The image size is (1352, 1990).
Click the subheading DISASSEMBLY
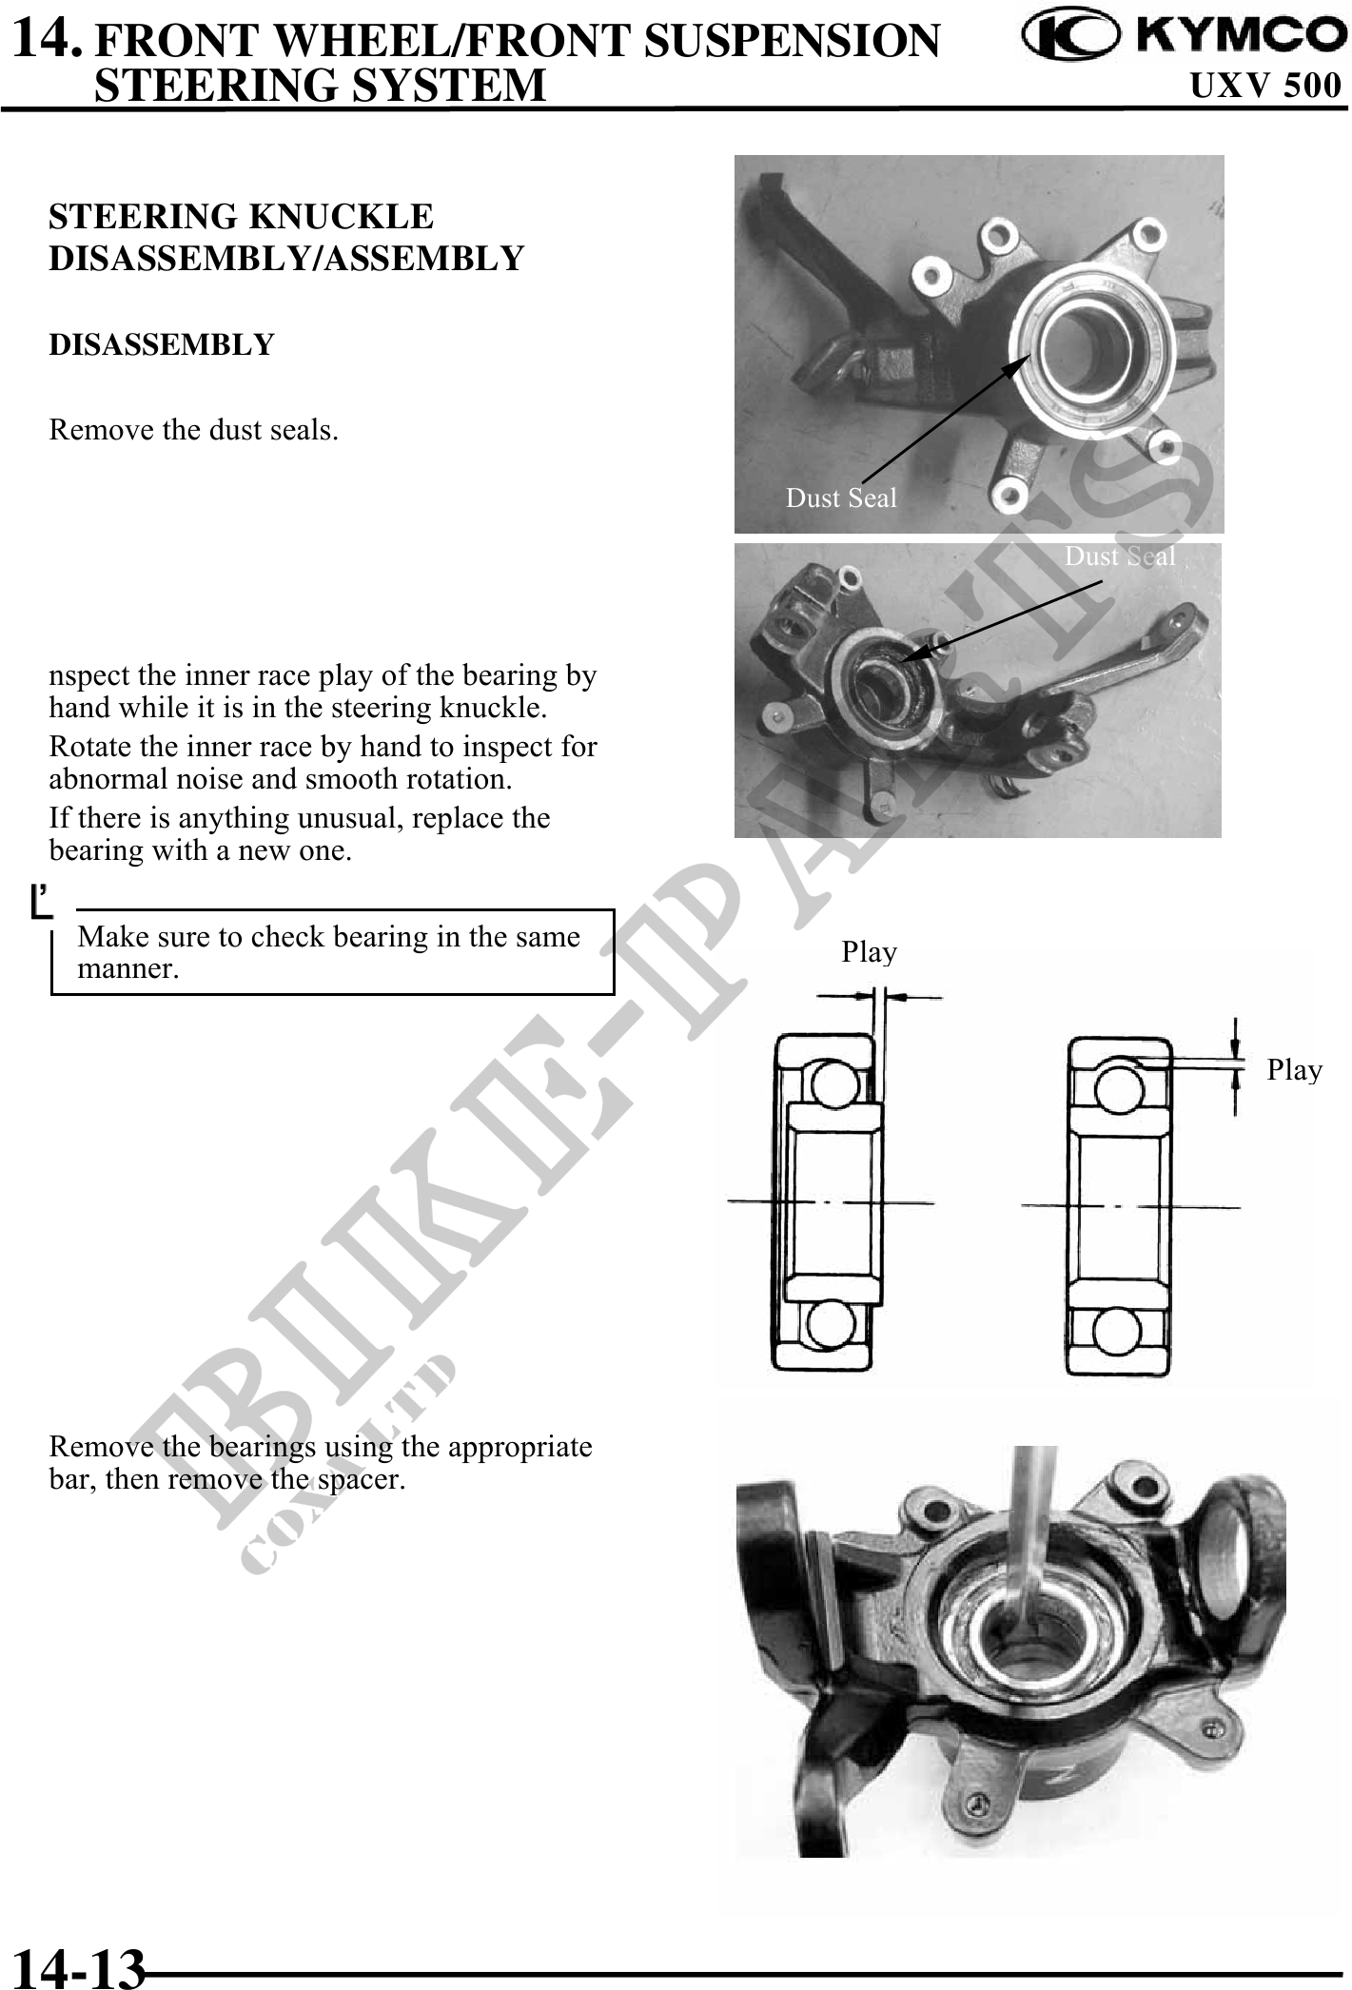[x=161, y=344]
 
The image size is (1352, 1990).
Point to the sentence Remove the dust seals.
[x=194, y=430]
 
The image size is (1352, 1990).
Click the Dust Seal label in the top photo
[x=841, y=497]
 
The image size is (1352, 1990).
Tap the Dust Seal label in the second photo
[x=1120, y=556]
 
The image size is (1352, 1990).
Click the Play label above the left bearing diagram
[x=869, y=952]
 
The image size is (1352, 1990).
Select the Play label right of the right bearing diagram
[x=1294, y=1070]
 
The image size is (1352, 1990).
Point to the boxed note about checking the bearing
[x=332, y=952]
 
